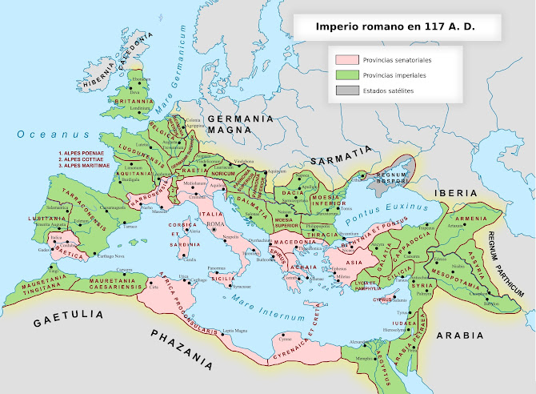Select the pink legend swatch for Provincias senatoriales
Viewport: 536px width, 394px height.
(346, 59)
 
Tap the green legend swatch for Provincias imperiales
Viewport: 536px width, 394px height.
(346, 74)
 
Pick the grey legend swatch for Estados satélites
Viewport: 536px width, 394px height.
(346, 90)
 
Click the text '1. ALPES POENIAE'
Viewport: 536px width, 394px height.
(83, 153)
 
